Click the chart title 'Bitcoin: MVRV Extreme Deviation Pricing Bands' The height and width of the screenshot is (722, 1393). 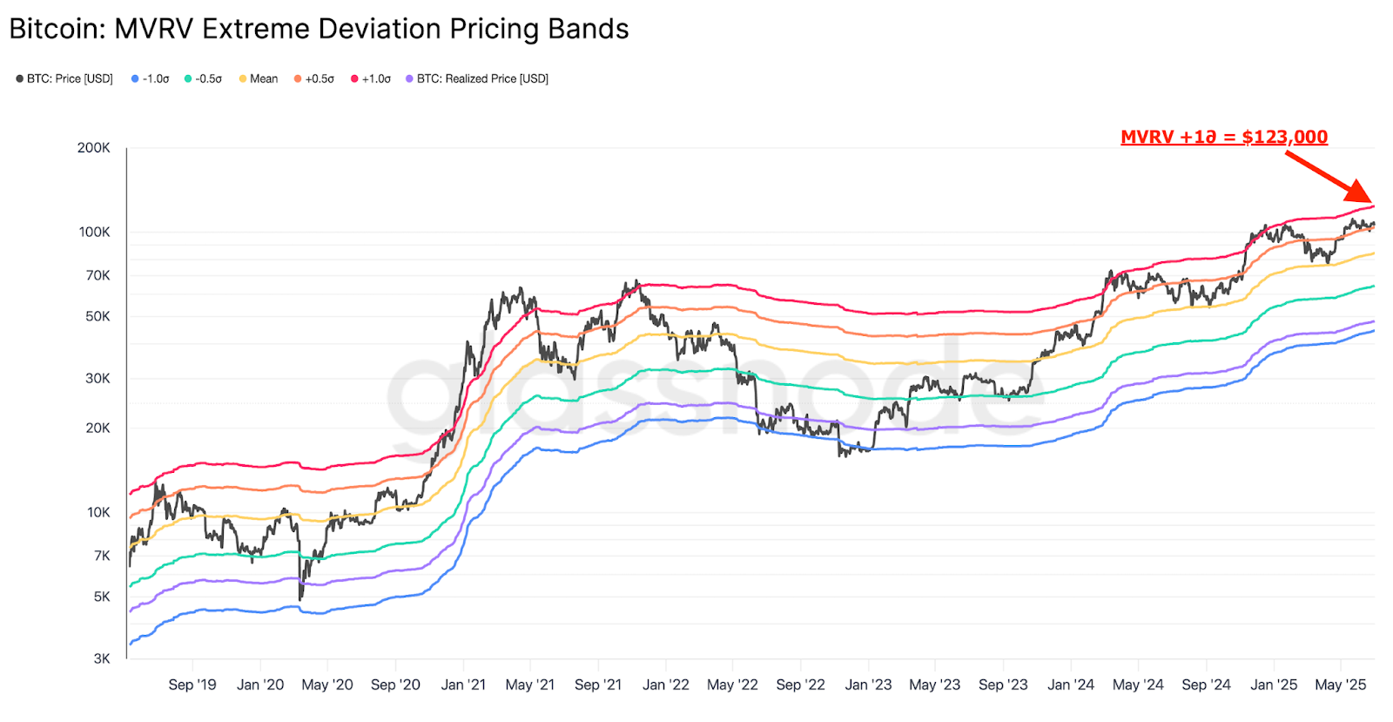319,29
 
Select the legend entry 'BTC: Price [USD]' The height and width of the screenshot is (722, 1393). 64,78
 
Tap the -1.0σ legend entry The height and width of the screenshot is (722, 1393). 151,78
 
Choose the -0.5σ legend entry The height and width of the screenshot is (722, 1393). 203,78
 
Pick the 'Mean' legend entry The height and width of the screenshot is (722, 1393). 259,78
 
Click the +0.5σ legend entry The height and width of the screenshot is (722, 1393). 314,78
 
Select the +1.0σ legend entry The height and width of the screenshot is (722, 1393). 371,78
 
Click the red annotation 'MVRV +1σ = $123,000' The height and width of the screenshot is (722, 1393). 1223,137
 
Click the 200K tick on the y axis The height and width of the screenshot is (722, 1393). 94,148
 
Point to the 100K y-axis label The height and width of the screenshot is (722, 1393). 94,232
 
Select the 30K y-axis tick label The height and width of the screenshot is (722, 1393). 98,378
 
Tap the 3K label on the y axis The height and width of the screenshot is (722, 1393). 102,658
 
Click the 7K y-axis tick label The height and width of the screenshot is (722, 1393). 102,556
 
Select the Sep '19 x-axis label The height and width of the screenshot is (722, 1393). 192,685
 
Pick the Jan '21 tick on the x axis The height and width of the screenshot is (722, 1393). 463,685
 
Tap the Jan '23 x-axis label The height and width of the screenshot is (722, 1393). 868,685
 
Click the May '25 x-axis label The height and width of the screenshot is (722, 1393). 1340,685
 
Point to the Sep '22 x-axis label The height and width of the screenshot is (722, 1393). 800,685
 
